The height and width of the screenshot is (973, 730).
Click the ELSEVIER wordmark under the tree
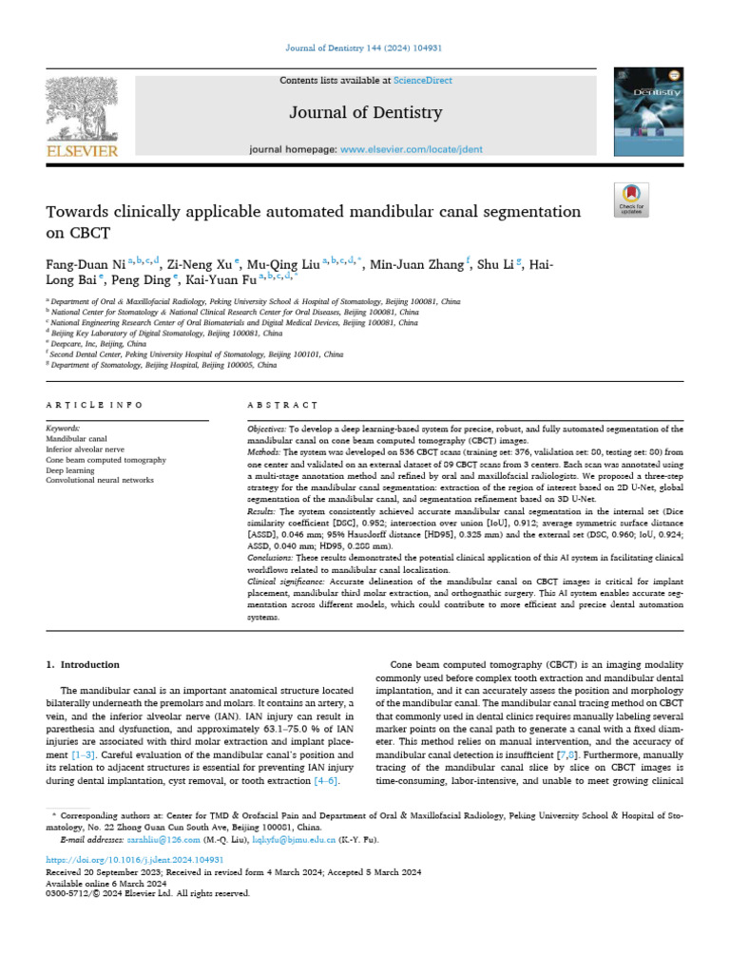(82, 151)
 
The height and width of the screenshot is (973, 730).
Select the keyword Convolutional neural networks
(100, 481)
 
